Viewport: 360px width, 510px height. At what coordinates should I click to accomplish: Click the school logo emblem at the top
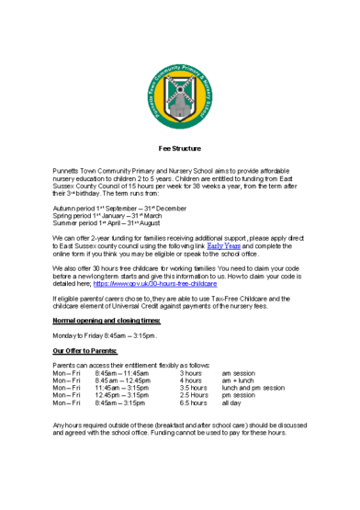click(x=179, y=97)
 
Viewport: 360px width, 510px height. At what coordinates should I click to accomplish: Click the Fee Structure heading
click(x=179, y=148)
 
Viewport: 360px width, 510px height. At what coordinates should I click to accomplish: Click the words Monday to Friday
click(x=79, y=335)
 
